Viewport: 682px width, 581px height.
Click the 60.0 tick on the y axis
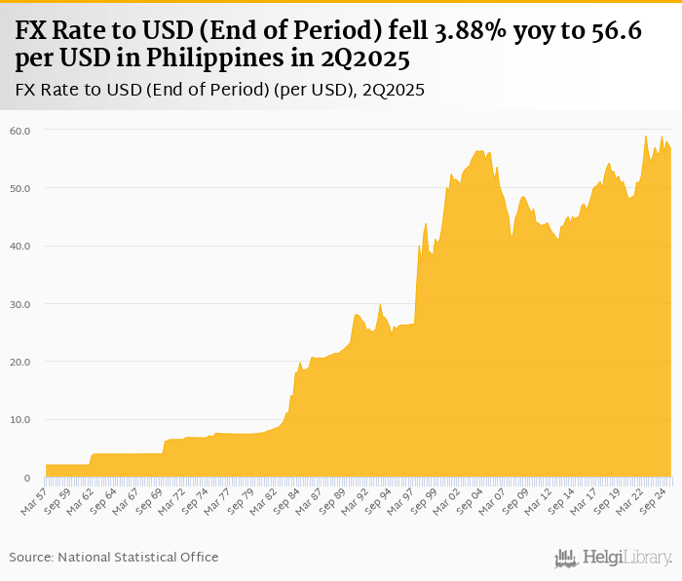tap(20, 130)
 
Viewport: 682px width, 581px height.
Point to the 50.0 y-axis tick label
tap(20, 188)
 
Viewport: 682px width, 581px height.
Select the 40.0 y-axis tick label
tap(20, 246)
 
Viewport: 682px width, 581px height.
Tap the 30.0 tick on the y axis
tap(20, 304)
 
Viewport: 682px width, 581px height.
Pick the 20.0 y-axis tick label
tap(20, 362)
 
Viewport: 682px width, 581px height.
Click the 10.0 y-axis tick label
tap(20, 420)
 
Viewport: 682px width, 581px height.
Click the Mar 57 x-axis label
tap(35, 499)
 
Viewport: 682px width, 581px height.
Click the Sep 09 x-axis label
tap(514, 499)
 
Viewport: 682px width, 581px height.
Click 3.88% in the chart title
tap(458, 32)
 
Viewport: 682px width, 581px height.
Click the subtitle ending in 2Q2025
tap(220, 90)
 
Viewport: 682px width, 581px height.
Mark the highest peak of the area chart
tap(646, 136)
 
